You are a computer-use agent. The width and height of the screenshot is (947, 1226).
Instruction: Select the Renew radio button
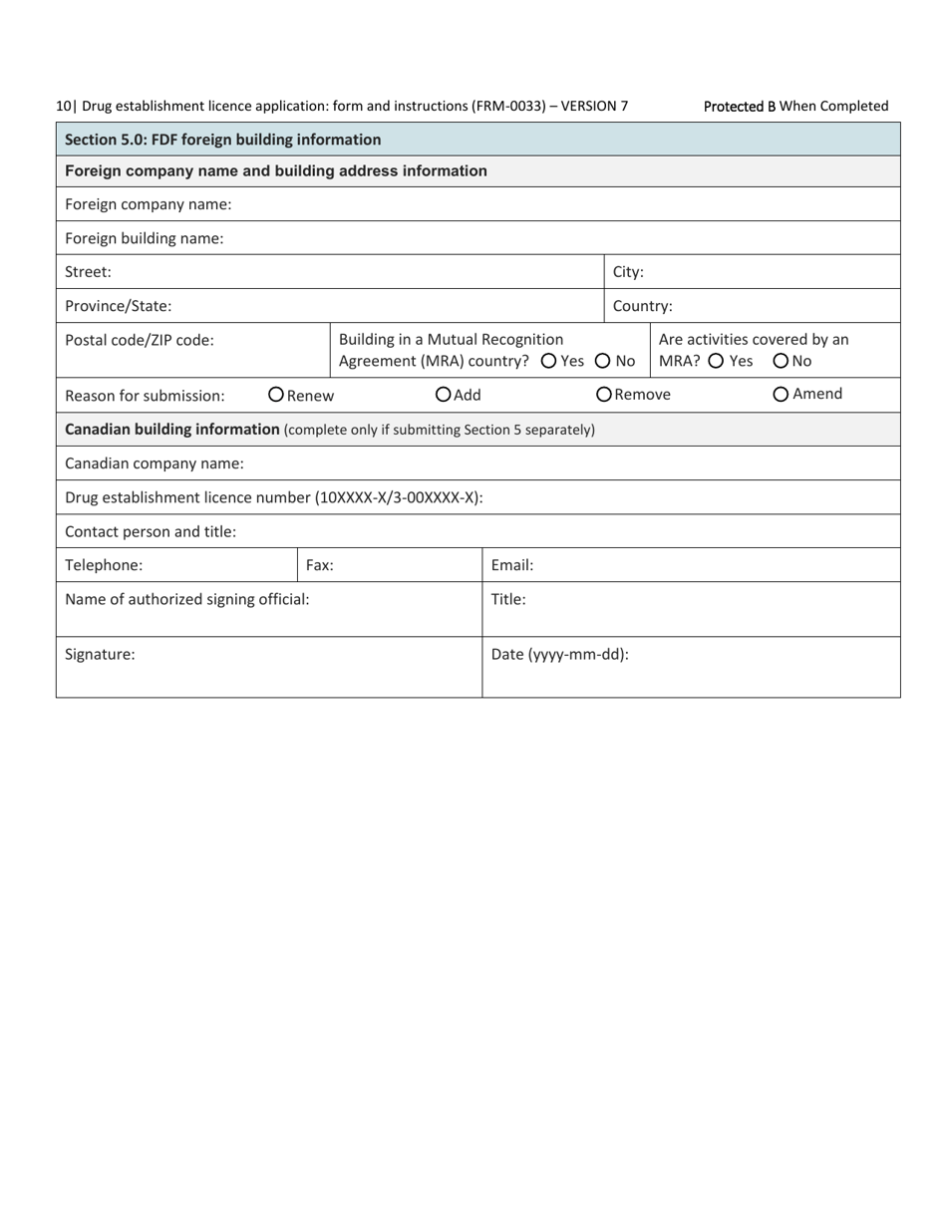[x=276, y=395]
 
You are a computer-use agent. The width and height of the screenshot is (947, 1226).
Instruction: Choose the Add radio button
[x=444, y=395]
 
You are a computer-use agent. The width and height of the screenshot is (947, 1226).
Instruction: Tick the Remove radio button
[x=604, y=395]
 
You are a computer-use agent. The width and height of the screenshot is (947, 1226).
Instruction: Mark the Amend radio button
[x=781, y=395]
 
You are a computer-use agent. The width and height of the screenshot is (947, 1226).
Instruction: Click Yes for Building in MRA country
[x=548, y=361]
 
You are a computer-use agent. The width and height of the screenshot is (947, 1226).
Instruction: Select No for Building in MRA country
[x=603, y=361]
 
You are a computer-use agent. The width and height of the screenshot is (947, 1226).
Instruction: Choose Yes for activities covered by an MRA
[x=717, y=361]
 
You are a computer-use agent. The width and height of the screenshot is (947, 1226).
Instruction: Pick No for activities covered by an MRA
[x=781, y=361]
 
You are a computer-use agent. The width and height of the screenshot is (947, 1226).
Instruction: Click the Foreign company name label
[x=149, y=204]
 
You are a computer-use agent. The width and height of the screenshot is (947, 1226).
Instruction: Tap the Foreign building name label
[x=145, y=238]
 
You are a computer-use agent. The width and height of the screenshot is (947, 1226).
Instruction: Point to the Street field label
[x=88, y=272]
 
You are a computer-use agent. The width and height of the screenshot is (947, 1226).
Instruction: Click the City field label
[x=628, y=272]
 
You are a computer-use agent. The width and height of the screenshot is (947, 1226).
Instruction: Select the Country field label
[x=642, y=306]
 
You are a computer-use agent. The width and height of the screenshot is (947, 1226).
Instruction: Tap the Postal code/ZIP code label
[x=140, y=340]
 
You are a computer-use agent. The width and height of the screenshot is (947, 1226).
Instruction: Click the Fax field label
[x=319, y=565]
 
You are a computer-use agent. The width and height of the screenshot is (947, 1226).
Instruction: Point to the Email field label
[x=512, y=565]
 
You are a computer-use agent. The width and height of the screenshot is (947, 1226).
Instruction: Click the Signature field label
[x=100, y=655]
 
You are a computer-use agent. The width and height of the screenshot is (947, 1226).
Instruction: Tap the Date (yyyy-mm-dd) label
[x=560, y=655]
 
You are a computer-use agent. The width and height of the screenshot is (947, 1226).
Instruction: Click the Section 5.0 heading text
[x=222, y=140]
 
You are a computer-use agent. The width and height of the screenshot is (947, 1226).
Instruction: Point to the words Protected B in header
[x=740, y=106]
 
